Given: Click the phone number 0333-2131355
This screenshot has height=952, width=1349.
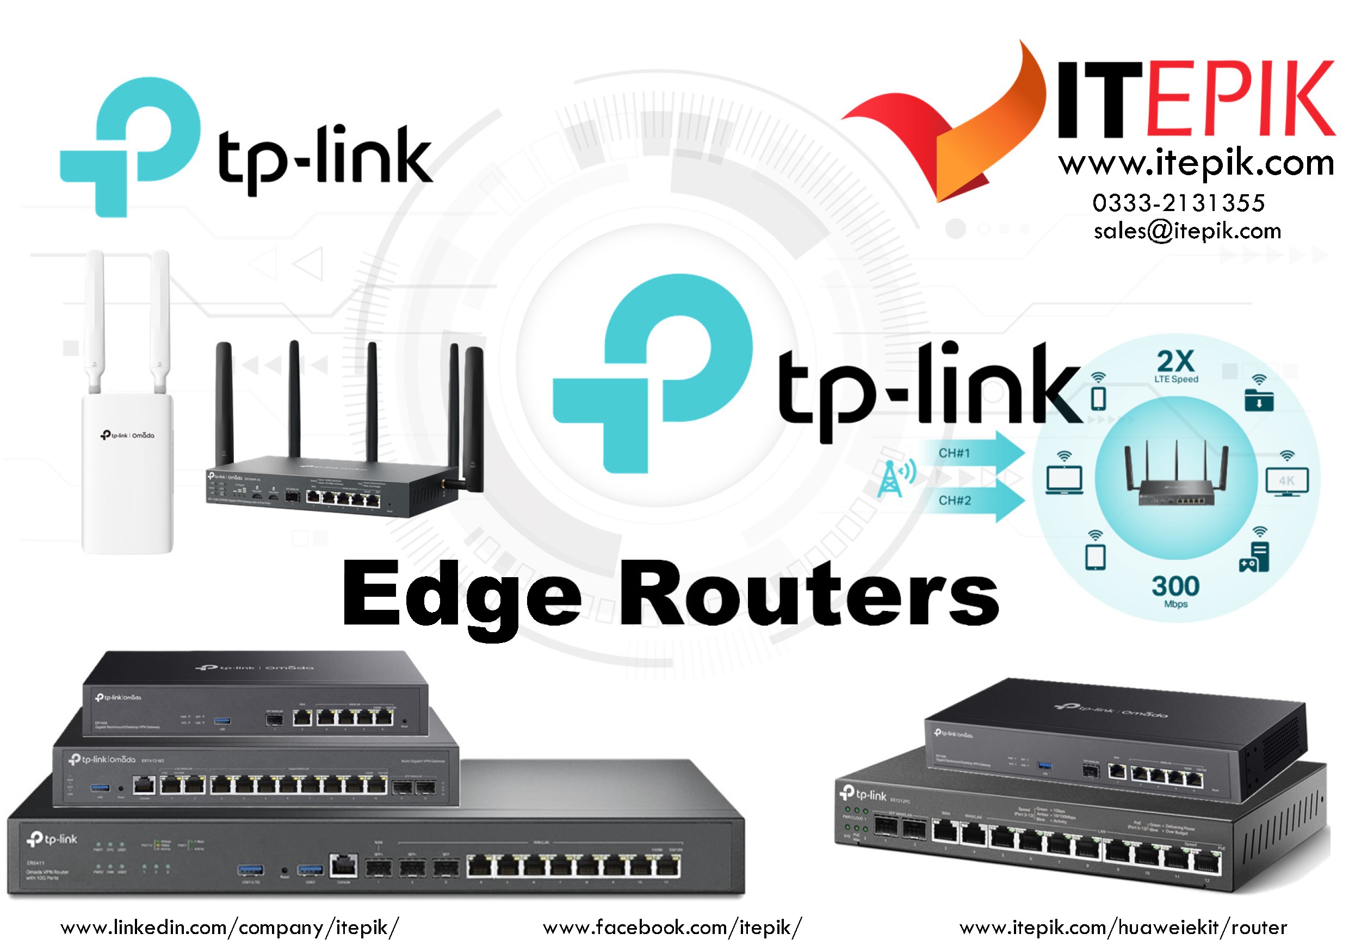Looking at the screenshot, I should [1178, 203].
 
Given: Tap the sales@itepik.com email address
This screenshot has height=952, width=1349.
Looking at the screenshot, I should [1187, 231].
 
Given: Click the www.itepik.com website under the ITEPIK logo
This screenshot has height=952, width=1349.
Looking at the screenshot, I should [1196, 164].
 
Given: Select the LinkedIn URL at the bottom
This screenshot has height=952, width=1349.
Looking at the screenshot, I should [230, 928].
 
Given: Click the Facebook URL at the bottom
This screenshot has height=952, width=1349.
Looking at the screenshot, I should [672, 928].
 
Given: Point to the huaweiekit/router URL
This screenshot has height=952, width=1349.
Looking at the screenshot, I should [1123, 928].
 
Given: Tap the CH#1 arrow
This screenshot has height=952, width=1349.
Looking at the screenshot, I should [975, 453].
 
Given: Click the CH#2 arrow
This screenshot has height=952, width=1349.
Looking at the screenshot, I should [975, 500].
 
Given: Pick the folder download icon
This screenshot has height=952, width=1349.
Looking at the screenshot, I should [1259, 400].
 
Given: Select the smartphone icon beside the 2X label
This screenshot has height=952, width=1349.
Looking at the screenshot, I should [1098, 398].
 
